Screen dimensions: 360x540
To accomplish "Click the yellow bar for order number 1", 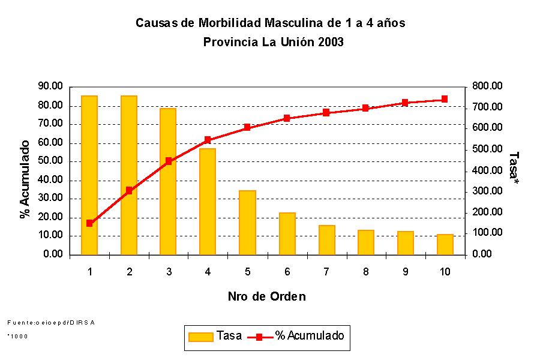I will (x=89, y=175).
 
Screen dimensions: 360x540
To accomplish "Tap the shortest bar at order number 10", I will (x=445, y=244).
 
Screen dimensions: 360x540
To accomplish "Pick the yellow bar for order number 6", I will (x=287, y=233).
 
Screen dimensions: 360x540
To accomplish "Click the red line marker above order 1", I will (x=89, y=223).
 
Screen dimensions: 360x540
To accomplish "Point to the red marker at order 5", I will (x=247, y=127).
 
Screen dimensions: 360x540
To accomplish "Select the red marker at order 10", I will (x=445, y=99).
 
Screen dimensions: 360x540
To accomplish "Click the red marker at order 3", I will (x=169, y=161).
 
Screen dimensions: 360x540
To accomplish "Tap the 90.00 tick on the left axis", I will (x=50, y=86).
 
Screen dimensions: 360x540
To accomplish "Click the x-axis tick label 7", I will (x=326, y=272).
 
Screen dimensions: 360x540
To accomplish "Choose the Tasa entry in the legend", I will (x=215, y=336).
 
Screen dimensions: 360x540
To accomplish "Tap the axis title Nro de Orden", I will (x=266, y=296).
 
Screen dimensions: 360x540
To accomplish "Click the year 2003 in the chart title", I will (x=331, y=42).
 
